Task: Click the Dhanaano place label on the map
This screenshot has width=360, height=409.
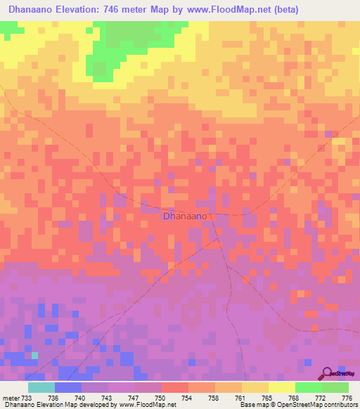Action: pos(185,216)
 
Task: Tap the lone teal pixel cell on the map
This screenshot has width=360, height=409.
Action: pos(34,356)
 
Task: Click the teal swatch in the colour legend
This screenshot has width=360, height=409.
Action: pos(41,387)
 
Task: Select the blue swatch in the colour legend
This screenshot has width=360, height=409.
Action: pos(68,387)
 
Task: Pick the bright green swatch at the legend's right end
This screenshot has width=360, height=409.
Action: pos(335,387)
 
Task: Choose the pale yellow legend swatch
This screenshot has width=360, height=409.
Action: pos(281,387)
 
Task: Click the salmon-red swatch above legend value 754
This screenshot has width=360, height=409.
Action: pos(174,387)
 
